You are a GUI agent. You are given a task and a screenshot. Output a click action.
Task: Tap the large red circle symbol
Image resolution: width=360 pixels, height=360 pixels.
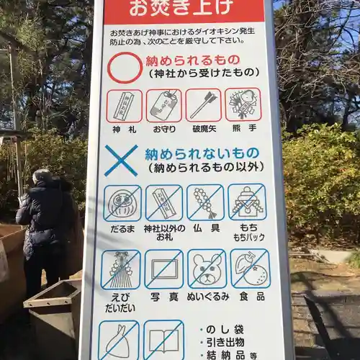pyautogui.click(x=125, y=67)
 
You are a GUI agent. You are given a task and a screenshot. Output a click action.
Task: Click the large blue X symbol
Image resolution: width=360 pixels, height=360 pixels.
pyautogui.click(x=120, y=160)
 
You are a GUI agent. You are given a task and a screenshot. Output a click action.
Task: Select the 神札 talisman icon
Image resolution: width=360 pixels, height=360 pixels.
pyautogui.click(x=124, y=105)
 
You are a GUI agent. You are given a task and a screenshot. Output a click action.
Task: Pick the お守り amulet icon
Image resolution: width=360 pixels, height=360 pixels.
pyautogui.click(x=163, y=105)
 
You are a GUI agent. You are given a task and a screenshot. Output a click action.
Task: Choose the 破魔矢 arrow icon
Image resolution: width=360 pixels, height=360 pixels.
pyautogui.click(x=203, y=105)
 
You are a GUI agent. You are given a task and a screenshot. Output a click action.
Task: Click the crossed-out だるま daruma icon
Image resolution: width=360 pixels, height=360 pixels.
pyautogui.click(x=122, y=203)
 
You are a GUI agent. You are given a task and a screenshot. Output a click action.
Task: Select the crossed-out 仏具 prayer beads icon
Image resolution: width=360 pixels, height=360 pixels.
pyautogui.click(x=205, y=202)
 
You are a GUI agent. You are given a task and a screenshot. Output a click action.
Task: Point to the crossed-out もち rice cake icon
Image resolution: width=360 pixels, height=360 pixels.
pyautogui.click(x=247, y=202)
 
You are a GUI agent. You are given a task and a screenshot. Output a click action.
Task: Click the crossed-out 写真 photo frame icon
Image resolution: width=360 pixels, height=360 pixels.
pyautogui.click(x=164, y=269)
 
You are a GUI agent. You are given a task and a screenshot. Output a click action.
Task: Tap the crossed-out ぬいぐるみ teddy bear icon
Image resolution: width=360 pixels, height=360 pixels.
pyautogui.click(x=207, y=269)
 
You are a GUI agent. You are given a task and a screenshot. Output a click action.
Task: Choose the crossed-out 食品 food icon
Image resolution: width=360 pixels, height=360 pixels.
pyautogui.click(x=250, y=268)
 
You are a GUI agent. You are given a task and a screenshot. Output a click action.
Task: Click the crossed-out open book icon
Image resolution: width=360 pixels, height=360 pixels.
pyautogui.click(x=163, y=340)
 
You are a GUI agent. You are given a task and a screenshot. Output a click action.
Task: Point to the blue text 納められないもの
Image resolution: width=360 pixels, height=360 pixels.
pyautogui.click(x=202, y=154)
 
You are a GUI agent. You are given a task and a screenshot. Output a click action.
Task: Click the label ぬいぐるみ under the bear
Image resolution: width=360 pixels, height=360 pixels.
pyautogui.click(x=208, y=296)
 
